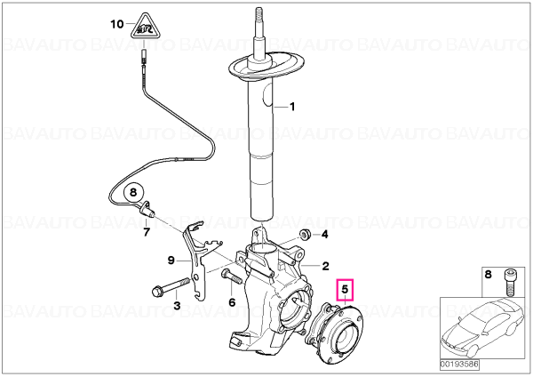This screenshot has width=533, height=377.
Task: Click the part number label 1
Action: (x=292, y=107)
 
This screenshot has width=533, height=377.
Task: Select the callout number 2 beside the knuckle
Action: (x=325, y=266)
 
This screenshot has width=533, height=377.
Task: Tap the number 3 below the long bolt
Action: (x=177, y=305)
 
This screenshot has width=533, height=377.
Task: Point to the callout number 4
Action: (x=324, y=234)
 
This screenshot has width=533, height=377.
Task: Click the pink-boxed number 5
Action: (x=345, y=290)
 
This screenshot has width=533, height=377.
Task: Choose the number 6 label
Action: (x=232, y=301)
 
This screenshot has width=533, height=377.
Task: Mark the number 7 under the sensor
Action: (x=147, y=232)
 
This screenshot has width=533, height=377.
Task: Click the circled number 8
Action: (x=133, y=192)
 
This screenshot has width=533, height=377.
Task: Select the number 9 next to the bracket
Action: (x=171, y=261)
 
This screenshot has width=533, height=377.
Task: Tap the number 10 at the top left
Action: (x=117, y=24)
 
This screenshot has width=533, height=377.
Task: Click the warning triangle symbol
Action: (x=145, y=28)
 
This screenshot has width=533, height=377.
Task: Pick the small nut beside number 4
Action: (x=304, y=234)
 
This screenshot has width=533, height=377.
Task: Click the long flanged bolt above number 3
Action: (x=170, y=287)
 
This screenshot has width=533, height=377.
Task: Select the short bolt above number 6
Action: (x=232, y=276)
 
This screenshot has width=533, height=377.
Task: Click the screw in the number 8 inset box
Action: (x=509, y=282)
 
